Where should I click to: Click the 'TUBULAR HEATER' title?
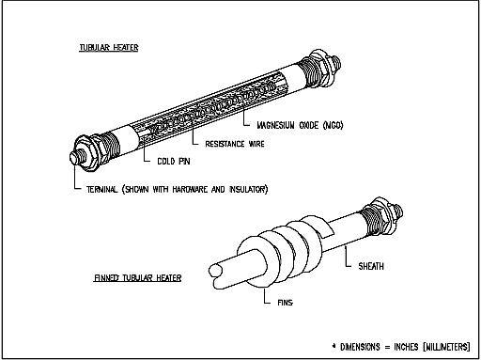(109, 48)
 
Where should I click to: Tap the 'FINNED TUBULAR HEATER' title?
(138, 278)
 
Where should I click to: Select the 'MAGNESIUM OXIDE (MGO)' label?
(300, 125)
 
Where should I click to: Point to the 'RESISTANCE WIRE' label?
(235, 144)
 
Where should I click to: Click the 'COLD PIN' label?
(174, 161)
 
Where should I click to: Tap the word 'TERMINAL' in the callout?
(102, 189)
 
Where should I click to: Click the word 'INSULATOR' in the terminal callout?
(247, 189)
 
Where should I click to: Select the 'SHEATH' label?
(371, 266)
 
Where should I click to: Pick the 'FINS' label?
(286, 303)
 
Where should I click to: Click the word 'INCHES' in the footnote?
(406, 347)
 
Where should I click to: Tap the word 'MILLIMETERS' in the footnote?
(447, 347)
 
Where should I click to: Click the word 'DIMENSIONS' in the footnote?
(360, 347)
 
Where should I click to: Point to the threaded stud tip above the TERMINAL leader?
(74, 158)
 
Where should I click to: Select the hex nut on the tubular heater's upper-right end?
(322, 67)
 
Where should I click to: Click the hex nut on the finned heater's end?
(384, 215)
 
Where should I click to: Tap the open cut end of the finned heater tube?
(215, 271)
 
